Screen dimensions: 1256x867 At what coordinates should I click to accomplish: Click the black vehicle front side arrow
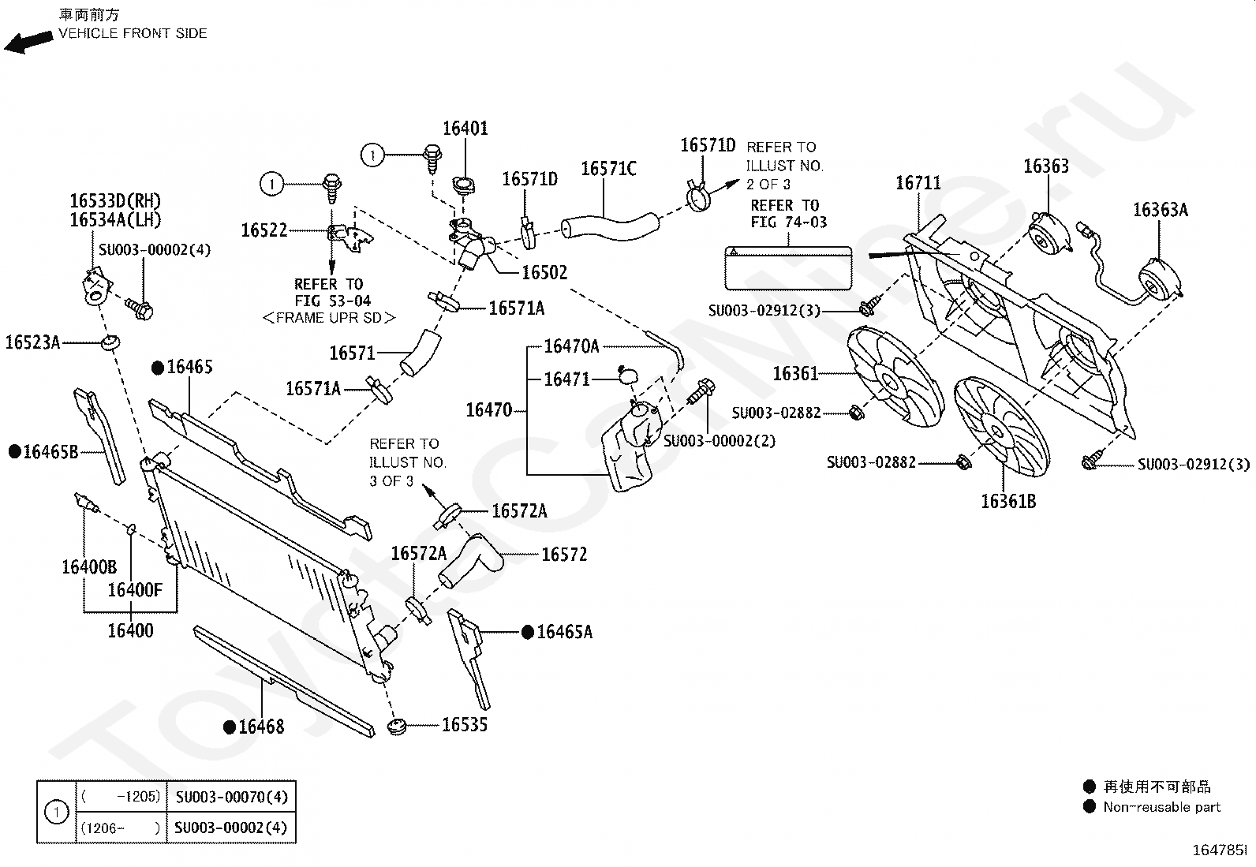tap(28, 42)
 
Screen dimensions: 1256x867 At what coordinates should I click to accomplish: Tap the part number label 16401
tap(465, 129)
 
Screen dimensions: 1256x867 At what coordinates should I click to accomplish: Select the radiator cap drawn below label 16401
tap(463, 185)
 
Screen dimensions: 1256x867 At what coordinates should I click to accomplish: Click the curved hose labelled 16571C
tap(610, 226)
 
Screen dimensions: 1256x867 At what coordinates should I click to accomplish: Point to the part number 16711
tap(918, 183)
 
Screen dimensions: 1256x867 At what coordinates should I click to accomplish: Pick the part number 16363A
tap(1160, 210)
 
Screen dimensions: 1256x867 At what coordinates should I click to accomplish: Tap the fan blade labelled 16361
tap(894, 377)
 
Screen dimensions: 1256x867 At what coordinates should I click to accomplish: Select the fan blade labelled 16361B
tap(1001, 427)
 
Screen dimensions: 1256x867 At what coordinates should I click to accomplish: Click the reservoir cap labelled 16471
tap(627, 376)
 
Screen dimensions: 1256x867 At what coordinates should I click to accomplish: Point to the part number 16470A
tap(571, 346)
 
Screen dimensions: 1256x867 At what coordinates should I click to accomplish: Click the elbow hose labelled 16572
tap(471, 559)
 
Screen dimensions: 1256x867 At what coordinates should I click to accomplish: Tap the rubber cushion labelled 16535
tap(397, 726)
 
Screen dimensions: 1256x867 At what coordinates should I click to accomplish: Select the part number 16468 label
tap(261, 727)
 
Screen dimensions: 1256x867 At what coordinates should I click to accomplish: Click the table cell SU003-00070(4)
tap(232, 797)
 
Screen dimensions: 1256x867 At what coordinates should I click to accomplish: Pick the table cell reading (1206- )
tap(121, 828)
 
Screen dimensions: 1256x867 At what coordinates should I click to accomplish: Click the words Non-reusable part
tap(1161, 807)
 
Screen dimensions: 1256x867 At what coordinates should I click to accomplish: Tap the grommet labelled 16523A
tap(110, 342)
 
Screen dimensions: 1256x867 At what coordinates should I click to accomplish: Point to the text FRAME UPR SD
tap(328, 318)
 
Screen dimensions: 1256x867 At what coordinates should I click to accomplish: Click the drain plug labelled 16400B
tap(86, 503)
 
